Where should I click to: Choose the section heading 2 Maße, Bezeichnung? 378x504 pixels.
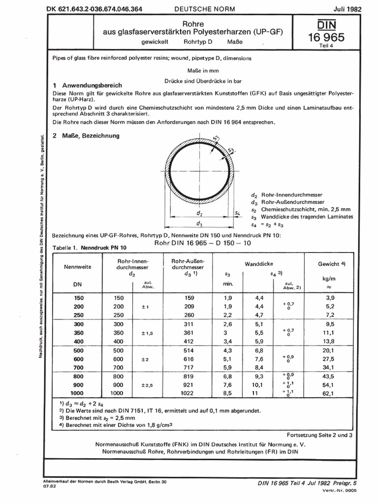(86, 135)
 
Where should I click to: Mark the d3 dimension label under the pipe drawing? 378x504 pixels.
(199, 224)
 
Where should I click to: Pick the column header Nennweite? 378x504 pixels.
(78, 267)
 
